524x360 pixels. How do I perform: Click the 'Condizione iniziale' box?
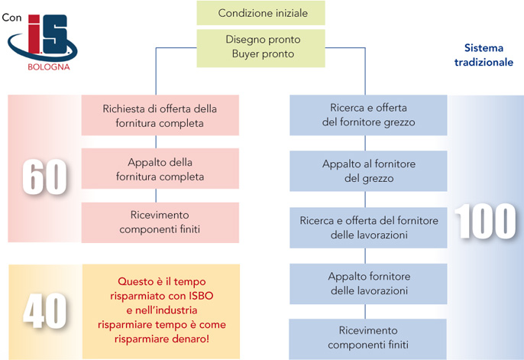[x=260, y=13]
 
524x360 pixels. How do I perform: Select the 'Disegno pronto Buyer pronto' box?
[x=260, y=48]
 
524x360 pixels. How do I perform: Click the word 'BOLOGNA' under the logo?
[x=49, y=66]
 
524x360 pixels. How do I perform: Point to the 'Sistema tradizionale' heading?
[x=484, y=55]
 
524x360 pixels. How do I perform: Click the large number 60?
[x=45, y=177]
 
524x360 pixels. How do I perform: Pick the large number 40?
[x=45, y=311]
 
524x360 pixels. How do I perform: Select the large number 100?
[x=485, y=222]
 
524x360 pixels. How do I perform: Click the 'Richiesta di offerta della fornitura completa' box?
[x=160, y=115]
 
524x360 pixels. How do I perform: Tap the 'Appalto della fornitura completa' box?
[x=160, y=169]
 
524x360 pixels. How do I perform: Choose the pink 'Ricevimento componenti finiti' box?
[x=160, y=222]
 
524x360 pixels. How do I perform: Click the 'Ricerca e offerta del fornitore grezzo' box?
[x=368, y=115]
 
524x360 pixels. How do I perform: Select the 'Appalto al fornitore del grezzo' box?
[x=368, y=170]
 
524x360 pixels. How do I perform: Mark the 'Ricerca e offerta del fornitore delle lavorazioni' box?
[x=368, y=228]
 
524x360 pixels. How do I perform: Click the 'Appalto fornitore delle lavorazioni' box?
[x=368, y=284]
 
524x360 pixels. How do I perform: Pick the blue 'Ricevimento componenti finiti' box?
[x=367, y=339]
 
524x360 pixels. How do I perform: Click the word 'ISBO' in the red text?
[x=201, y=296]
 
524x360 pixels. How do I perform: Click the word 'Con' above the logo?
[x=11, y=18]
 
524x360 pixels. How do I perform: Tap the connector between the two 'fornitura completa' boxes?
[x=156, y=142]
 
